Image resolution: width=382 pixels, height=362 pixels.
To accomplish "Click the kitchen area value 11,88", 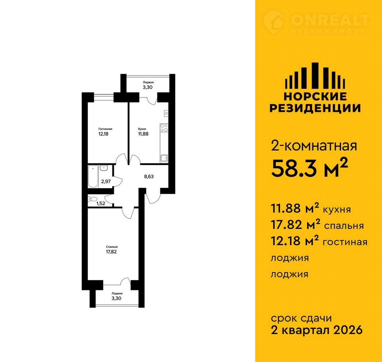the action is click(143, 134).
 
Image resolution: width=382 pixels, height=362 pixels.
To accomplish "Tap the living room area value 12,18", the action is click(103, 134).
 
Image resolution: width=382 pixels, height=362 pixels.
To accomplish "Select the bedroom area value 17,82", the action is click(111, 252).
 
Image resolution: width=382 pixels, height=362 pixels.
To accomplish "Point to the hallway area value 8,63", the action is click(149, 176).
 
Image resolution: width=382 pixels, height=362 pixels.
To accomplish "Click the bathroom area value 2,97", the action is click(106, 181).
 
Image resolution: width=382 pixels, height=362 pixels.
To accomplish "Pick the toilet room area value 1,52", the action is click(101, 203).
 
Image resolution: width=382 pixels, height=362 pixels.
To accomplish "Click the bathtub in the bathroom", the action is click(93, 176).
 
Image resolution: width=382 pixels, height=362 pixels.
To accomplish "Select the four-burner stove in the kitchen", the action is click(164, 128).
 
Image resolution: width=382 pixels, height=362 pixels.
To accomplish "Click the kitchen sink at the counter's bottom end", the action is click(164, 158).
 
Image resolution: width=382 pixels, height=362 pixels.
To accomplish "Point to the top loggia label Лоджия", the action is click(148, 82).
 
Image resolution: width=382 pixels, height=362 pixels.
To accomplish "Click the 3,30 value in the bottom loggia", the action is click(117, 298).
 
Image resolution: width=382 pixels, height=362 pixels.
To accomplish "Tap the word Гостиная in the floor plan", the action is click(105, 129).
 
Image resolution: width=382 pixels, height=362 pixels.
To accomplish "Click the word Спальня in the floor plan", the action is click(112, 247).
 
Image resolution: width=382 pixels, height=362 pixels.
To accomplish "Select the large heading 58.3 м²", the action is click(309, 168).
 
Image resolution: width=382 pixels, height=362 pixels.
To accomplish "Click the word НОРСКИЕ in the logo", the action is click(315, 97).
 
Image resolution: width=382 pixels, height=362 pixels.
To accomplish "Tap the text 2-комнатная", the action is click(314, 146).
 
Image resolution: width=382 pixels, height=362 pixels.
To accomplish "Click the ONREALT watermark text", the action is click(331, 20).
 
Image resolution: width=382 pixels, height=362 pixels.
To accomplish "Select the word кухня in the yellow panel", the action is click(337, 210).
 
